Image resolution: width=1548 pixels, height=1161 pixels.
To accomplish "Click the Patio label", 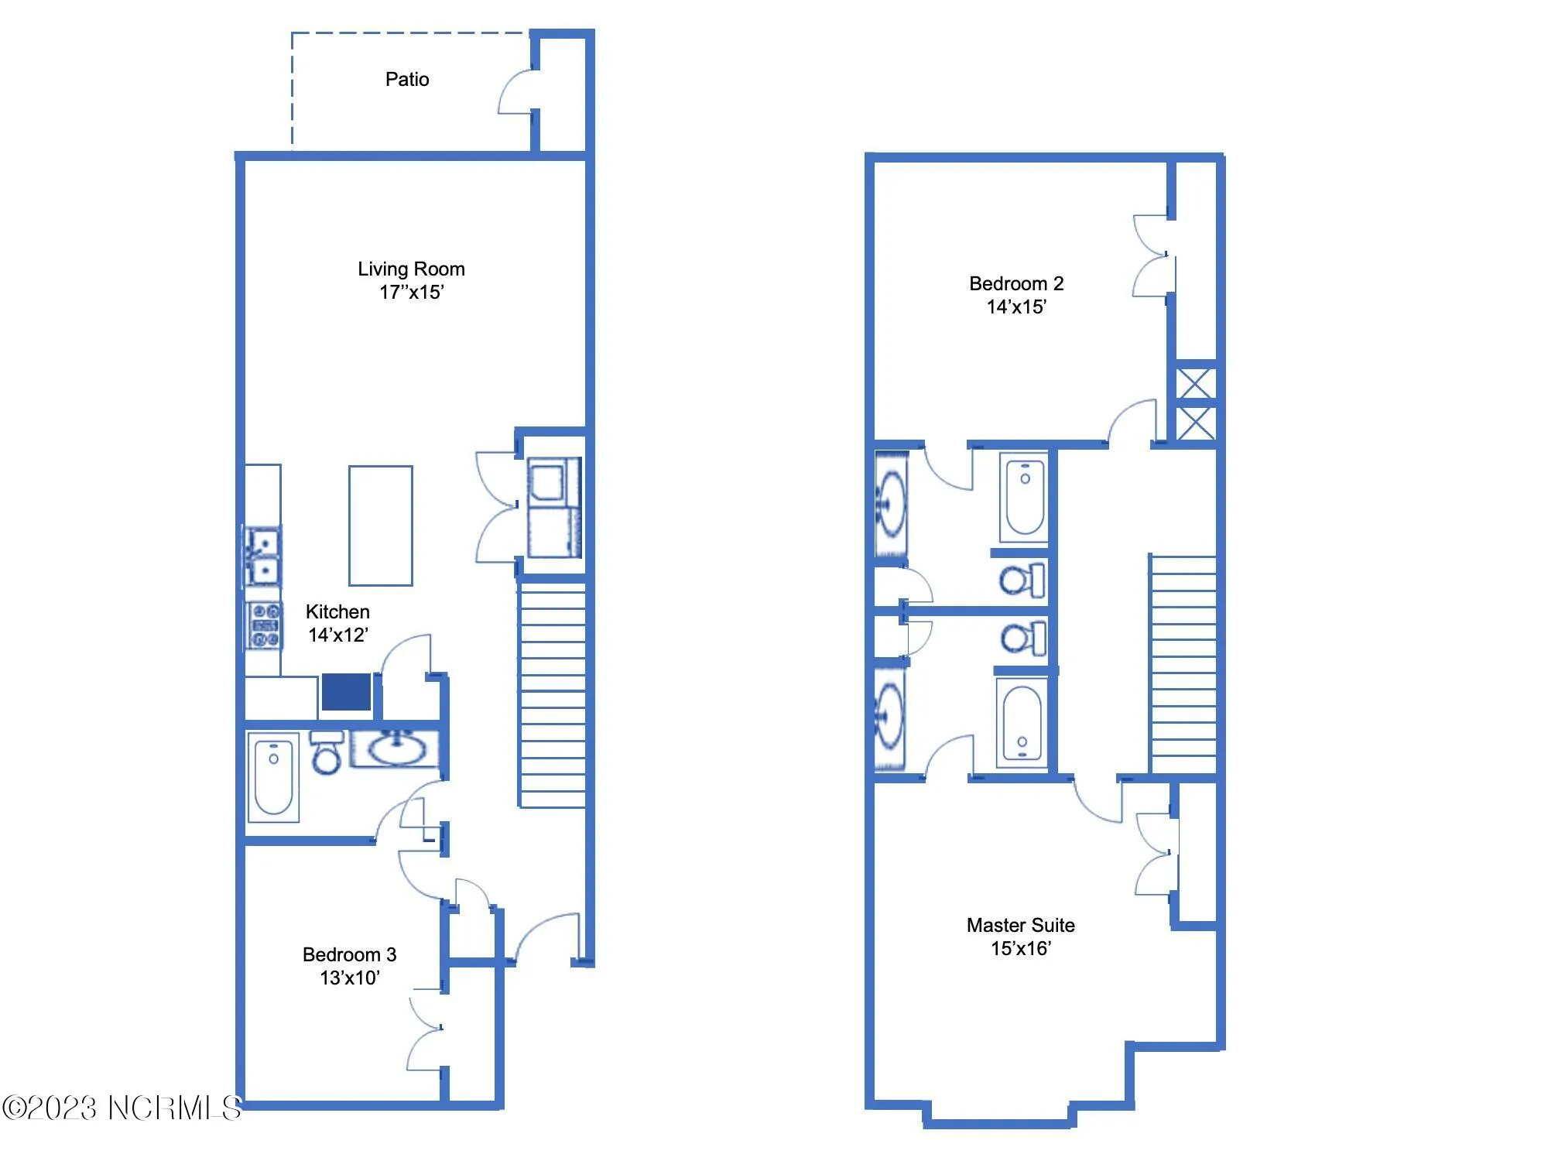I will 407,79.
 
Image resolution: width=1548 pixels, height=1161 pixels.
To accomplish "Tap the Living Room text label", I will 411,269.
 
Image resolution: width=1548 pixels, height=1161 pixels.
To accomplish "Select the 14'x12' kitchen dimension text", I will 338,635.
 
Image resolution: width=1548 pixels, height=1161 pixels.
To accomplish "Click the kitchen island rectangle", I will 380,526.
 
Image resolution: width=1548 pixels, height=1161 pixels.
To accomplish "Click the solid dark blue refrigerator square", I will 346,692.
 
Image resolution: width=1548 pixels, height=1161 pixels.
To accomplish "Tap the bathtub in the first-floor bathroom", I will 273,776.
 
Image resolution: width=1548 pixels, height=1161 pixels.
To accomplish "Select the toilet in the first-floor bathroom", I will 327,753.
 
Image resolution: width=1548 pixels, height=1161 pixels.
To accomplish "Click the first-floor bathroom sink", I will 396,748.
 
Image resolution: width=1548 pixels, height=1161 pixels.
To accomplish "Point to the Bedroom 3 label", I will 349,954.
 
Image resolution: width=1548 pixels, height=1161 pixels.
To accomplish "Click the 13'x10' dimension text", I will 350,978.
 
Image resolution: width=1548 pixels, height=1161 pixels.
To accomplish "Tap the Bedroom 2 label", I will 1016,283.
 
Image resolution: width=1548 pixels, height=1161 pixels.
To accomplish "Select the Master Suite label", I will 1020,925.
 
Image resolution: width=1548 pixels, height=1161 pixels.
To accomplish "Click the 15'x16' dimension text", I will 1020,948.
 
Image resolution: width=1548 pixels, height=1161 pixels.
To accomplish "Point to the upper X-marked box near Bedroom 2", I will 1196,384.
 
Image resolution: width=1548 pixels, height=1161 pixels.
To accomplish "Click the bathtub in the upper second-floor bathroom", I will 1025,498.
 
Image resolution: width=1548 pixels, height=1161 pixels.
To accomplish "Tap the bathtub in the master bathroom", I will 1022,724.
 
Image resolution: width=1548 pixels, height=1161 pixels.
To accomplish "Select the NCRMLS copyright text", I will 122,1108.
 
